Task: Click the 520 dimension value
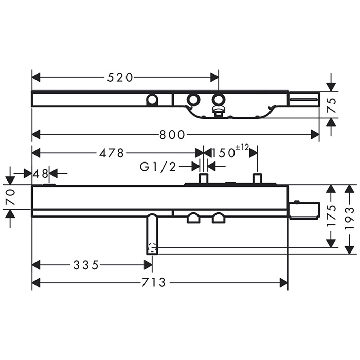click(x=120, y=77)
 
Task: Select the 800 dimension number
click(x=172, y=135)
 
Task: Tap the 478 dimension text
click(x=112, y=153)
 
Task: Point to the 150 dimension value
click(x=223, y=153)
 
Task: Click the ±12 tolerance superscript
click(x=242, y=148)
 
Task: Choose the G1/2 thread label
click(x=158, y=167)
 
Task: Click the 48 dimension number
click(x=41, y=174)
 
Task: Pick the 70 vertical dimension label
click(x=11, y=197)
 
